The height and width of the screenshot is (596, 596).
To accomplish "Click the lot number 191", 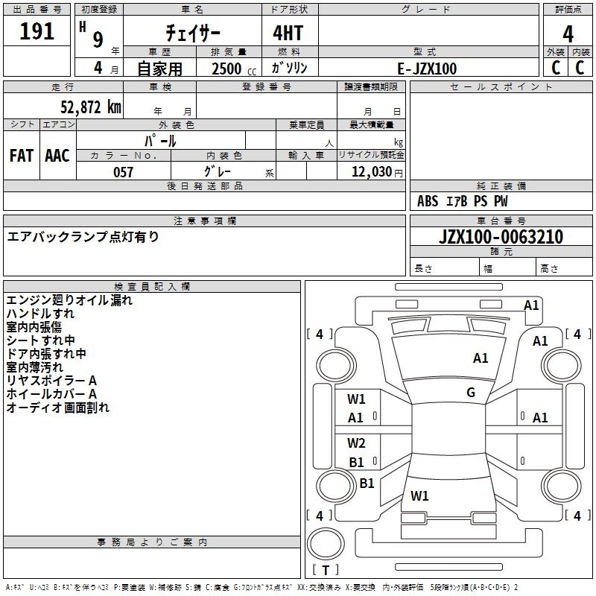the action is pos(37,31).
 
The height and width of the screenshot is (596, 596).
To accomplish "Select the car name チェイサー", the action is pos(193,33).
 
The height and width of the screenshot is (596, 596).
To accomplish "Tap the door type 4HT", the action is pos(288,33).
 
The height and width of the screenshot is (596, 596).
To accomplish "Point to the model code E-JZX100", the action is pos(427,69).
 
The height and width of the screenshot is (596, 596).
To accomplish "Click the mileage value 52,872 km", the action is pos(91,107).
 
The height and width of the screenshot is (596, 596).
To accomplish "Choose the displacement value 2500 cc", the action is pos(234,69).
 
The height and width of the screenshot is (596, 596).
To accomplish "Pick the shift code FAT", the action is pos(22,156).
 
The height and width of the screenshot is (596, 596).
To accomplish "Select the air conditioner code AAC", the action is pos(57,156).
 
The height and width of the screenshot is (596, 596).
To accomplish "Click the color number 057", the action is pos(123,172).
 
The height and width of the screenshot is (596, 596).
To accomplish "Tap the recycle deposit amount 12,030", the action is pos(372,172).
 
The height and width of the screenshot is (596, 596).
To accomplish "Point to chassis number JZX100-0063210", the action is pos(501,237).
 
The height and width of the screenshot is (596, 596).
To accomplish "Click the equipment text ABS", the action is pos(428,201).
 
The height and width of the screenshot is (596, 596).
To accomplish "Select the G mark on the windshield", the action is pos(471,393).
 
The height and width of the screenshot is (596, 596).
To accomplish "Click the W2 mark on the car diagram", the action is pos(356,443).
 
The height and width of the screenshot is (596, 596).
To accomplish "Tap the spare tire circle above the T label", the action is pos(326,544).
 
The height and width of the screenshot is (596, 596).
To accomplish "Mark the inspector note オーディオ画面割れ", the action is pos(58,408).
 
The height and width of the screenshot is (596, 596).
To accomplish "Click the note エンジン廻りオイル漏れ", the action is pos(69,300).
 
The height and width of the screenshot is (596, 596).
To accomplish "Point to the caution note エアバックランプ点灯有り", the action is pos(83,237).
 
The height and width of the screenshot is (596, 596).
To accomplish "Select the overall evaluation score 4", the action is pos(568,34).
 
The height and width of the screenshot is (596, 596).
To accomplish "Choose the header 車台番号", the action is pos(501,221).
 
